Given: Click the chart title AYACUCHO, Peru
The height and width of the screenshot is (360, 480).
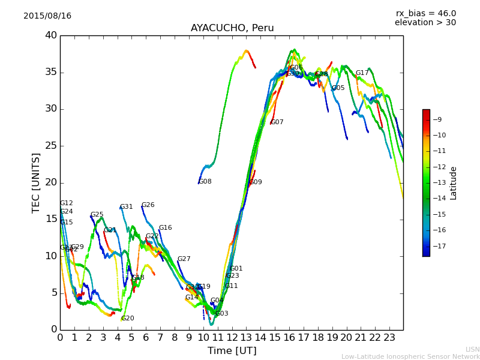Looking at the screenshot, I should point(232,28).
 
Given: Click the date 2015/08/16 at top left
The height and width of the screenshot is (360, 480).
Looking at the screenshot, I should point(47,16).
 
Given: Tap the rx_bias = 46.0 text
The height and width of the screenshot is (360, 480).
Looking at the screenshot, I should point(425,13).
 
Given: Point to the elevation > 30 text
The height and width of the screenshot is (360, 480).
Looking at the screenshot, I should point(425,23).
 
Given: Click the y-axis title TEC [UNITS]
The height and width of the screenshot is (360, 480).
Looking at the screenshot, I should point(36,182).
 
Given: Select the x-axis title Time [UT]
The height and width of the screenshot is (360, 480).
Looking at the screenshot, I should point(232,350).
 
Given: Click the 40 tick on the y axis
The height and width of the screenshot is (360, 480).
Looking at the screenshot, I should point(51,35).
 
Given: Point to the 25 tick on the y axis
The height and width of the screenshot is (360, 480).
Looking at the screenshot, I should point(51,146).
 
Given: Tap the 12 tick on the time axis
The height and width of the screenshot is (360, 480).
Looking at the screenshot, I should point(232,338).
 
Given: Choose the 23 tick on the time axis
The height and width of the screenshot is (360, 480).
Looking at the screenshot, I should point(389,338).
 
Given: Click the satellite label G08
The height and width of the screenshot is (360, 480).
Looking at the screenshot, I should point(205,182).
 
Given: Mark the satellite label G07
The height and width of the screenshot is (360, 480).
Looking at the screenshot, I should point(277,122).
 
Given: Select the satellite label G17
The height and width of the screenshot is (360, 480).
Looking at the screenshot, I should point(362,73).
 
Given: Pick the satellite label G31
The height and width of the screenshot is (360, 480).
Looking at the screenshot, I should point(127,207).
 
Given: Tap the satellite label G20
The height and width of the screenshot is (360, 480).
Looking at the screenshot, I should point(128,319).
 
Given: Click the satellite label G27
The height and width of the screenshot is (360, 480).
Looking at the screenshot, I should point(184,259).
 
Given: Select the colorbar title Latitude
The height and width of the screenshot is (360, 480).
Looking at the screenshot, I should point(454,183).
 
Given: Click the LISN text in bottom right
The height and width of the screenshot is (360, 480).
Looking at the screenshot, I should point(472,349).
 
